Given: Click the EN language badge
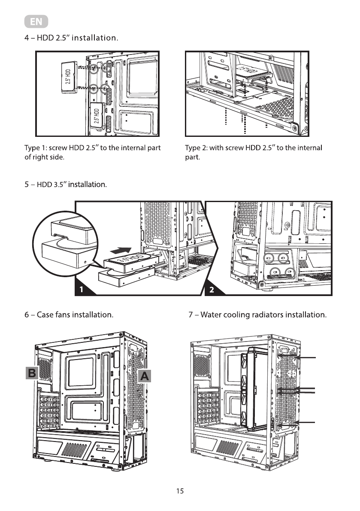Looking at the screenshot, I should click(x=36, y=21).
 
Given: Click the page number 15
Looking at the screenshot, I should click(x=180, y=491).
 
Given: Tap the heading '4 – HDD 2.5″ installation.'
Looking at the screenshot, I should click(x=71, y=38).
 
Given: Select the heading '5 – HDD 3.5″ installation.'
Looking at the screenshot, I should click(x=66, y=185).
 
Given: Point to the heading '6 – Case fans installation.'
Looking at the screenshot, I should click(x=69, y=315).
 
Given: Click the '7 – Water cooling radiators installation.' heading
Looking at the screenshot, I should click(x=258, y=315).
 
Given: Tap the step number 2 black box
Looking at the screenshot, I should click(x=212, y=290).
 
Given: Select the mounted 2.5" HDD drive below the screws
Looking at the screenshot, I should click(x=98, y=115).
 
